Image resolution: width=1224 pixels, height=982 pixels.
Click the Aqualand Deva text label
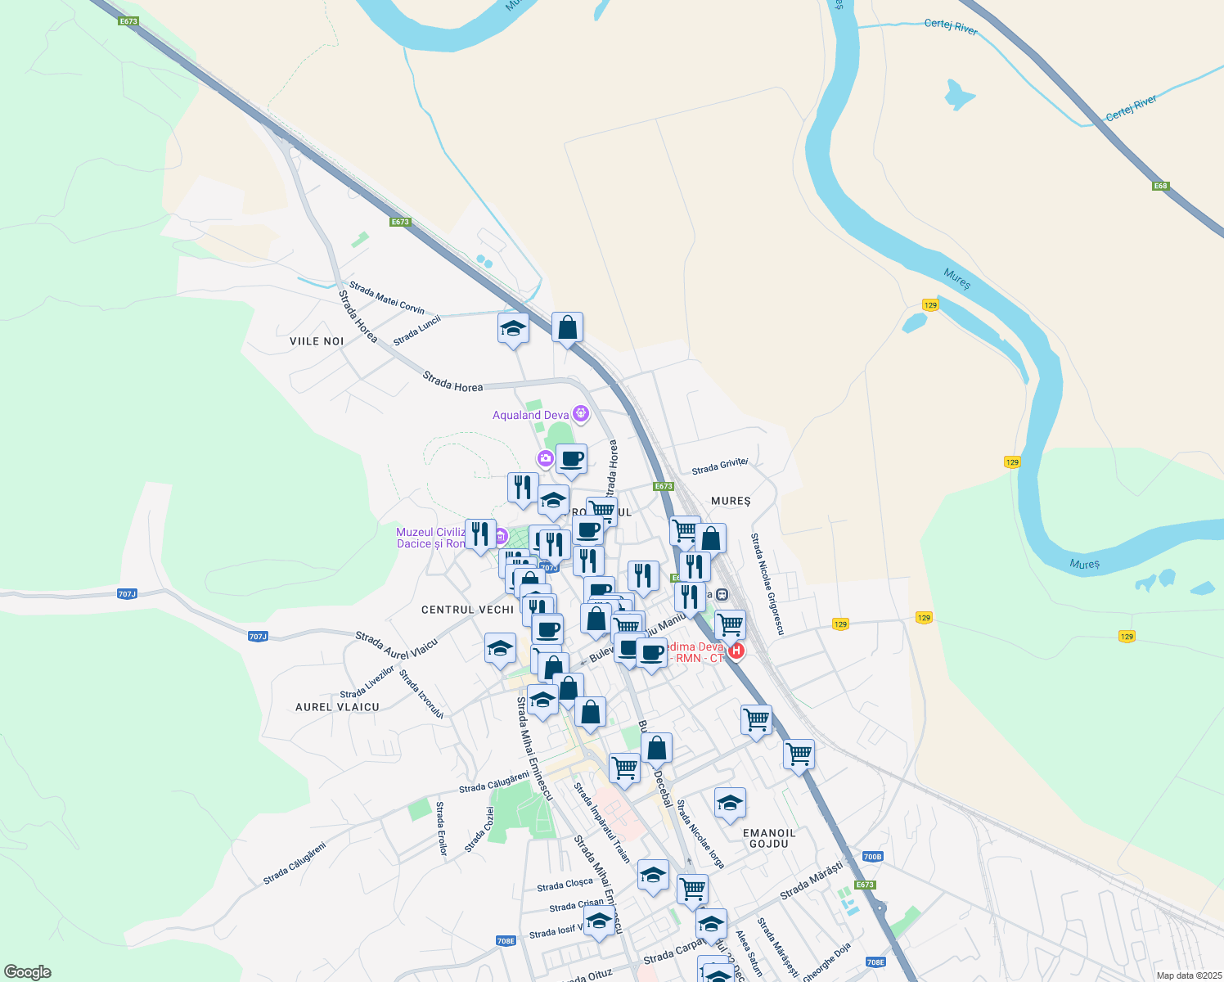tap(530, 415)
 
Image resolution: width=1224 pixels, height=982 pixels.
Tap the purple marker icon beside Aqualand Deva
tap(581, 413)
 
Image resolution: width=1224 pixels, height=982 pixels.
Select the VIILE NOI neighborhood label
tap(317, 341)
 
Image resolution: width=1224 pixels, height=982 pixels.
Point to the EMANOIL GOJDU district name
tap(768, 838)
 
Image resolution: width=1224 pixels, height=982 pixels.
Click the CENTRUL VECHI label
tap(467, 610)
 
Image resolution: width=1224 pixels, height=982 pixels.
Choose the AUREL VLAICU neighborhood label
tap(337, 707)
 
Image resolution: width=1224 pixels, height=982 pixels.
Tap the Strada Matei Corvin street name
tap(387, 298)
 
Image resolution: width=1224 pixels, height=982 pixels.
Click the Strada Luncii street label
tap(416, 330)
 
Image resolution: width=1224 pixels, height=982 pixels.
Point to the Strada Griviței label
tap(720, 466)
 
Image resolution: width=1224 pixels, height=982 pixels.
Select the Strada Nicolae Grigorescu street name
tap(767, 583)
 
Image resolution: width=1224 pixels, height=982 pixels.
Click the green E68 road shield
tap(1160, 186)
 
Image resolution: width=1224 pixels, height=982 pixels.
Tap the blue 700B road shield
tap(873, 857)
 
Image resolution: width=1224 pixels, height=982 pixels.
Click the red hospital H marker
tap(736, 651)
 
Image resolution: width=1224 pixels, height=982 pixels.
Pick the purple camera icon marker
tap(546, 458)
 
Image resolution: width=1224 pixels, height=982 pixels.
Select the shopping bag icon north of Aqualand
tap(567, 327)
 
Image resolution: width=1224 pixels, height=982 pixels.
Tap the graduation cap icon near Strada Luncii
tap(513, 329)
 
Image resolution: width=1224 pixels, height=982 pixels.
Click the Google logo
tap(27, 972)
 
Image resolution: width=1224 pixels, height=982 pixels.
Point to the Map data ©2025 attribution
tap(1188, 975)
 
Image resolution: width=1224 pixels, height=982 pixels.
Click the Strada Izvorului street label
tap(421, 695)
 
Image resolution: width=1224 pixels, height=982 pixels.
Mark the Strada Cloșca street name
tap(565, 885)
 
